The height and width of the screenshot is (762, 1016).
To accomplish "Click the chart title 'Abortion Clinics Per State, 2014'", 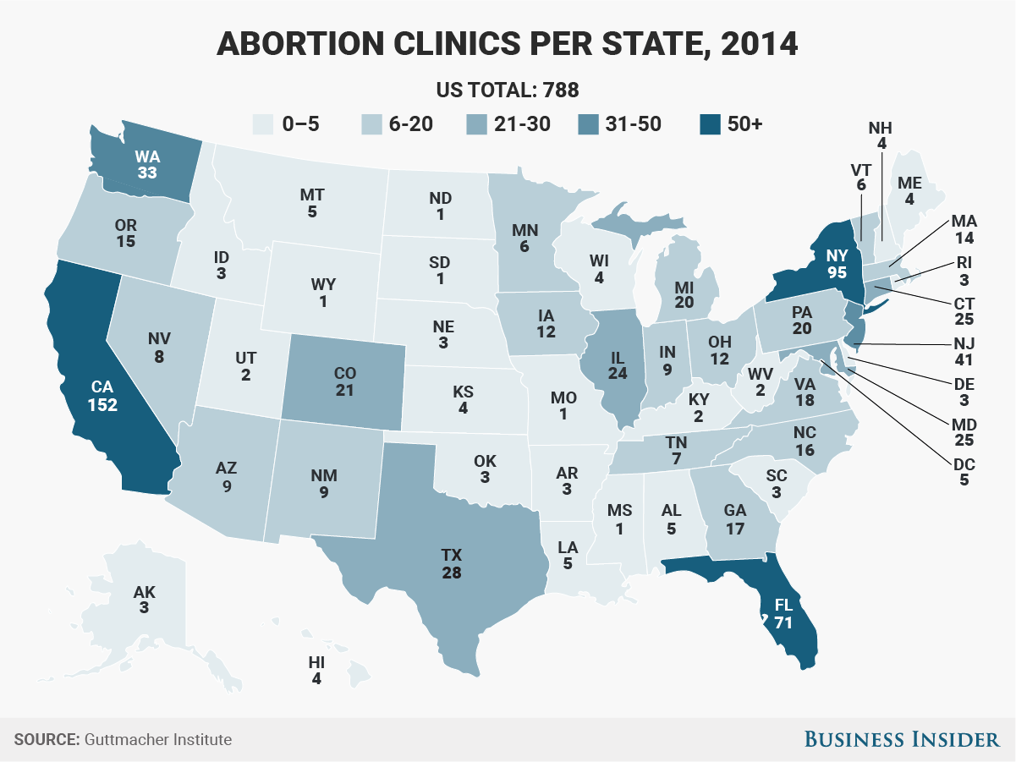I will [x=508, y=43].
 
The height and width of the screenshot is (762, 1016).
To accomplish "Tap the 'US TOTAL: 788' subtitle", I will [x=508, y=89].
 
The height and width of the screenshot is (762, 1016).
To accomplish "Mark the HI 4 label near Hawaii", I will [x=316, y=669].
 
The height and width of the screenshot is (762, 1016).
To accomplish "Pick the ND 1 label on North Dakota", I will [x=441, y=206].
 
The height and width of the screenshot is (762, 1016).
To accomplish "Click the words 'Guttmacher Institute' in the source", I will [x=158, y=740].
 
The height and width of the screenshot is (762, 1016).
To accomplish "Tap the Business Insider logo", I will [x=901, y=740].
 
